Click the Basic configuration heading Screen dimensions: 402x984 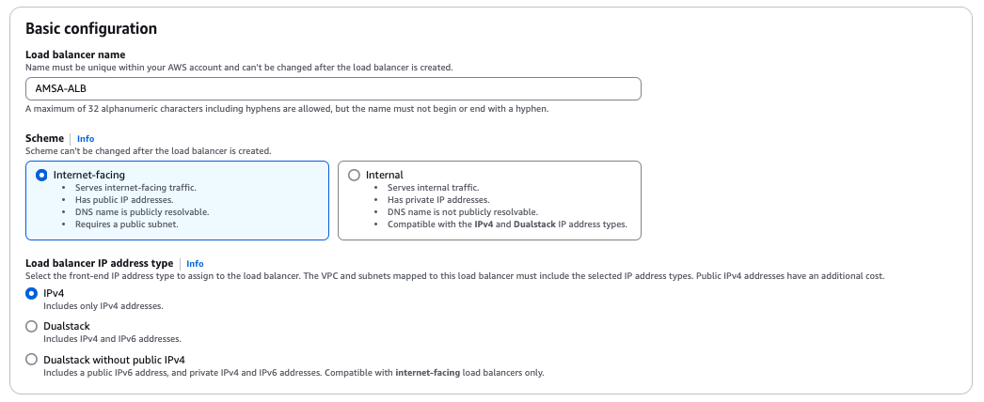tap(91, 29)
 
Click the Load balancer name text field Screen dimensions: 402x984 tap(333, 88)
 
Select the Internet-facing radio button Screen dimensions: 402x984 tap(41, 175)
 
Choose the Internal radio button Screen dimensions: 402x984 tap(354, 175)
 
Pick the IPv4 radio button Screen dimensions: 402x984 tap(32, 293)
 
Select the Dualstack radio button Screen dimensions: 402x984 tap(32, 326)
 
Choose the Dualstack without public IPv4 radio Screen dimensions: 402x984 tap(32, 360)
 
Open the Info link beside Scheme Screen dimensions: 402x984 tap(86, 139)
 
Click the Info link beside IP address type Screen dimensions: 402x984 tap(195, 264)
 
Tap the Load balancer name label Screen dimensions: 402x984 tap(75, 54)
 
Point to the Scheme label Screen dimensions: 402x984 tap(44, 138)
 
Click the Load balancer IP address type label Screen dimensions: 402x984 tap(99, 263)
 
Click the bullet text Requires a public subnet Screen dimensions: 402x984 tap(127, 224)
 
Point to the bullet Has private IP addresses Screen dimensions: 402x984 tap(438, 200)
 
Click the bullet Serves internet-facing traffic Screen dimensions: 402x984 tap(136, 188)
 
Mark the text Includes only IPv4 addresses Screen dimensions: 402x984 tap(103, 306)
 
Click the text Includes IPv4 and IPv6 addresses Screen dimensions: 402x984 tap(113, 339)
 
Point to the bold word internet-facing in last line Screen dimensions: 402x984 tap(428, 373)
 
